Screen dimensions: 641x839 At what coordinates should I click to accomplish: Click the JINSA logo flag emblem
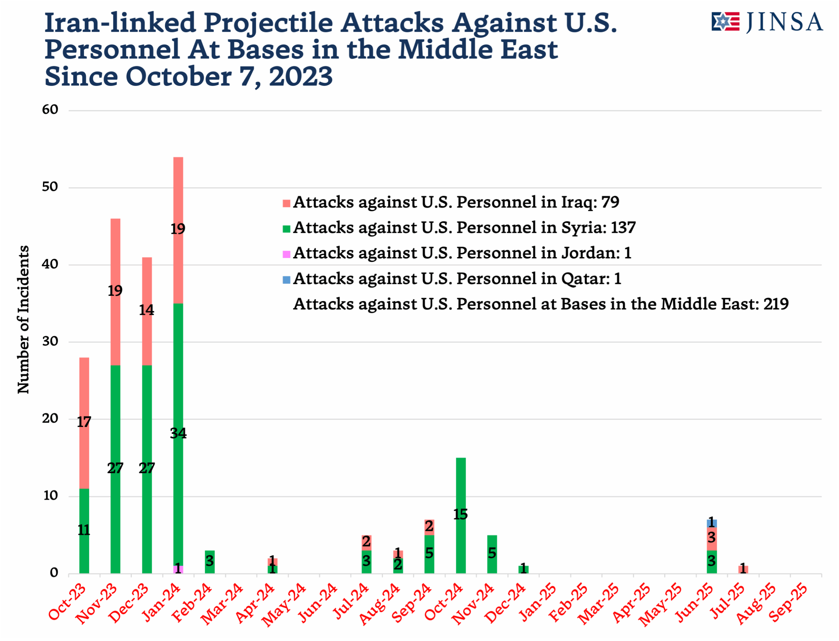(x=725, y=22)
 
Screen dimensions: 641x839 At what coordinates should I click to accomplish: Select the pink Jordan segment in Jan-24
(x=178, y=569)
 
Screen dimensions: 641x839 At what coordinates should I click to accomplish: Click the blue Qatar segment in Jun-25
(x=712, y=523)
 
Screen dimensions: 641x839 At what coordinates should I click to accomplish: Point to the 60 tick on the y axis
(x=50, y=110)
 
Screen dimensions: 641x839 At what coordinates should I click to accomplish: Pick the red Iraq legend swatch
(x=286, y=203)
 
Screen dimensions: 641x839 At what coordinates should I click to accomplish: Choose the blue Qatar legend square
(x=286, y=280)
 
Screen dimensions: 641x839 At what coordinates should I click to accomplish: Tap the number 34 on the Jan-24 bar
(x=178, y=433)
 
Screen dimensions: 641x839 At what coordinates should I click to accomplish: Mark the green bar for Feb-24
(x=209, y=562)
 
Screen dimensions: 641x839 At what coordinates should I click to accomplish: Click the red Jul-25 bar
(x=743, y=569)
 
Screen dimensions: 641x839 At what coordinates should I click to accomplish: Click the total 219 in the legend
(x=776, y=304)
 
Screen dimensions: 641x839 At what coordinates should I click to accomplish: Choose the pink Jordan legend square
(x=286, y=254)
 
